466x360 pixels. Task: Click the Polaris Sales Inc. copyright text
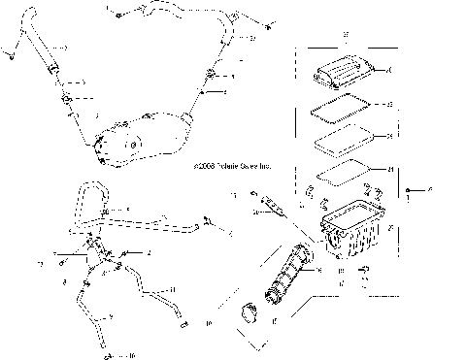click(x=234, y=166)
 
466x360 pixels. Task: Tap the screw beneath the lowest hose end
click(x=109, y=354)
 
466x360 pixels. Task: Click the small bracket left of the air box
click(x=272, y=206)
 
